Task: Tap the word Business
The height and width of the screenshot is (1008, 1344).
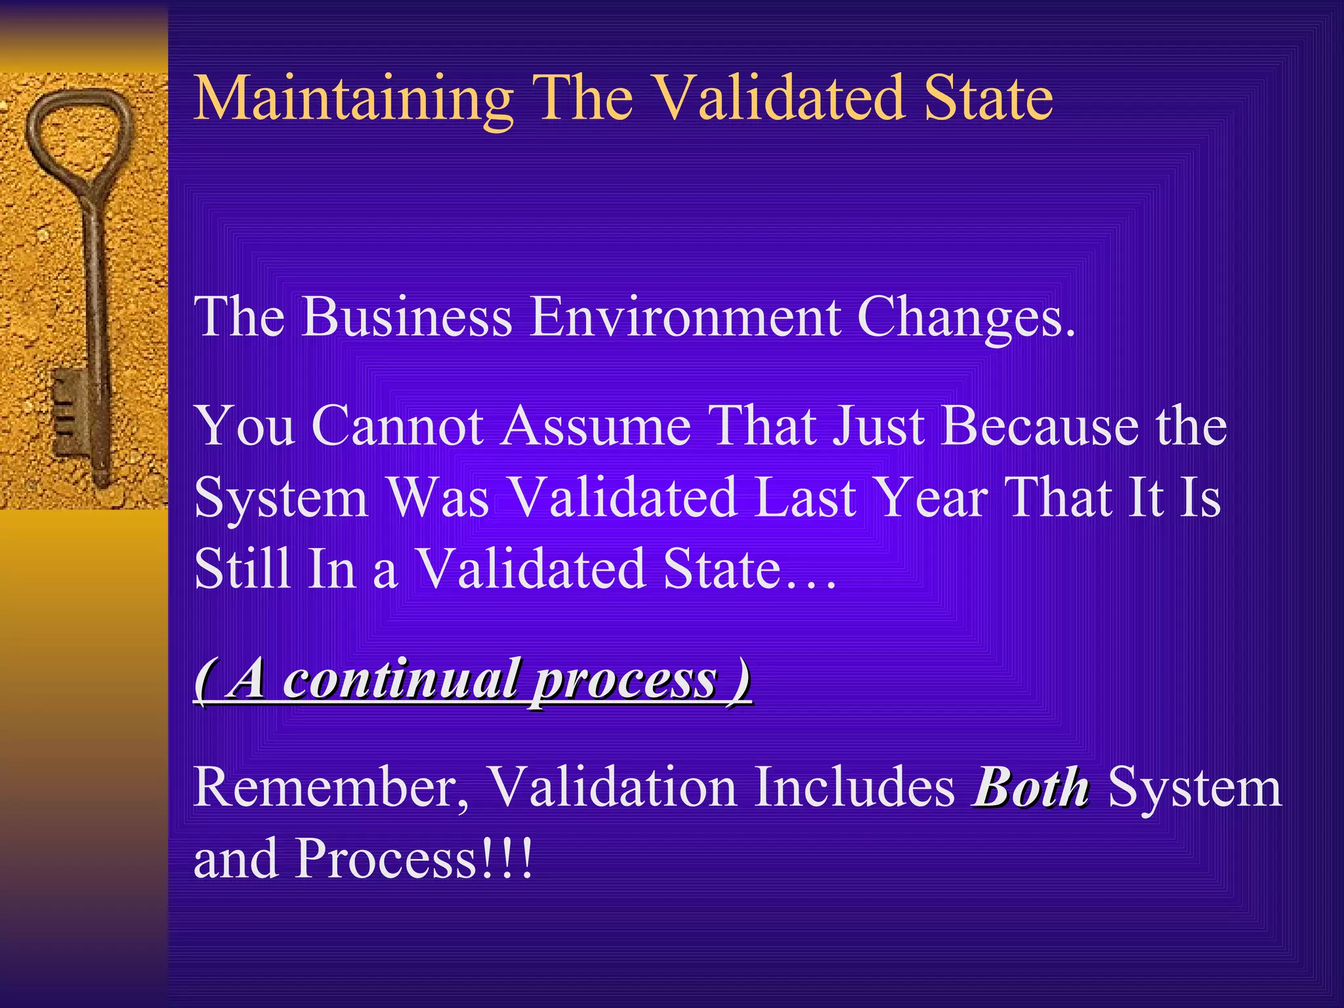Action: click(407, 317)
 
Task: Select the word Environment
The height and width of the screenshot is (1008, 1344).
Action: click(685, 317)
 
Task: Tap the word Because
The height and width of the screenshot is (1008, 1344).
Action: click(1040, 427)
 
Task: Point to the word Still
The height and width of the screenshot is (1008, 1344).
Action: click(242, 568)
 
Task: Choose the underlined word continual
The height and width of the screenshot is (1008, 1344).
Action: click(400, 680)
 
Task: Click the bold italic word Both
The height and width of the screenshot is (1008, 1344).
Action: click(1031, 787)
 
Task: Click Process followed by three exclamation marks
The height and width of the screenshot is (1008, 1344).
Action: click(414, 858)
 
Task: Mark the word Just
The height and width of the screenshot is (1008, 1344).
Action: click(879, 427)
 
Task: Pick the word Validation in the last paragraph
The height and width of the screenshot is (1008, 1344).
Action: click(614, 787)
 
